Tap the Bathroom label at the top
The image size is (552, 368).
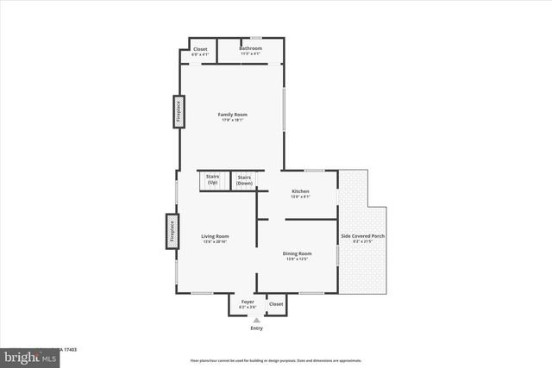click(x=250, y=48)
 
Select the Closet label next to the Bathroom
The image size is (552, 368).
click(x=200, y=49)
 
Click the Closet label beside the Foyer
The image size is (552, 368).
click(x=276, y=303)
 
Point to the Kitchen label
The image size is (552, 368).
click(x=300, y=191)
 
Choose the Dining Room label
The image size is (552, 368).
click(x=298, y=253)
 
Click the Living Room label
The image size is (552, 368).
click(x=216, y=236)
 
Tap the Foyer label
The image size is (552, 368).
click(x=247, y=302)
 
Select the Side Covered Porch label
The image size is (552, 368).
click(x=363, y=236)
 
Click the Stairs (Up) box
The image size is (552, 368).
click(x=212, y=180)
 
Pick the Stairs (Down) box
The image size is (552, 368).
click(x=244, y=180)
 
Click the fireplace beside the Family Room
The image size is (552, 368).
click(x=180, y=112)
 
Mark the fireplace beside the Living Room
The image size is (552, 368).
click(x=172, y=232)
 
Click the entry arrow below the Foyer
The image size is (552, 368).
click(x=256, y=320)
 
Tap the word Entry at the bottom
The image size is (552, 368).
click(x=256, y=328)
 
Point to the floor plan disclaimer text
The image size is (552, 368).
click(x=276, y=360)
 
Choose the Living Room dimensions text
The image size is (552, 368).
click(x=216, y=241)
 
